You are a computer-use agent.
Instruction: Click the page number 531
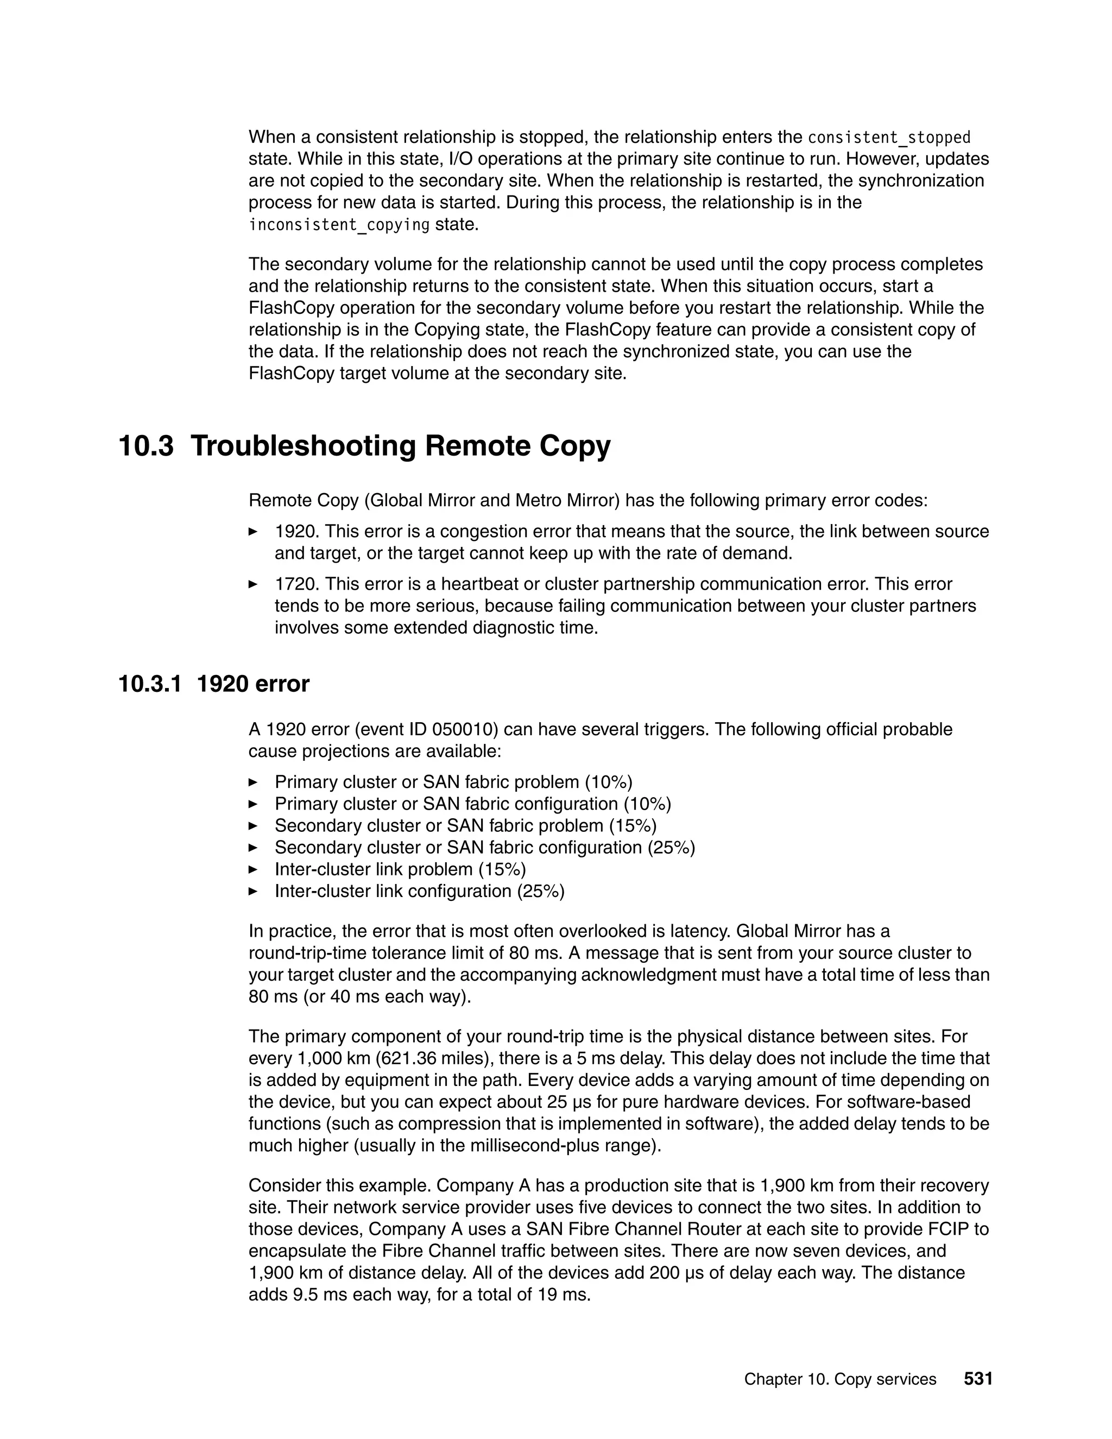pyautogui.click(x=977, y=1379)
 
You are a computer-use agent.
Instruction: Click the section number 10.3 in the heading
pyautogui.click(x=146, y=446)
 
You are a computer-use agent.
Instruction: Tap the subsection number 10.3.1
pyautogui.click(x=149, y=684)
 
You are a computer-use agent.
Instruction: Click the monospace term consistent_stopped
pyautogui.click(x=889, y=138)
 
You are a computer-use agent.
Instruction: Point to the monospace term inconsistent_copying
pyautogui.click(x=339, y=225)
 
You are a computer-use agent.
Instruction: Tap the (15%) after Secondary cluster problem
pyautogui.click(x=633, y=825)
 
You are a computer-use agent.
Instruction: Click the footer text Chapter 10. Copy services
pyautogui.click(x=840, y=1379)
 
